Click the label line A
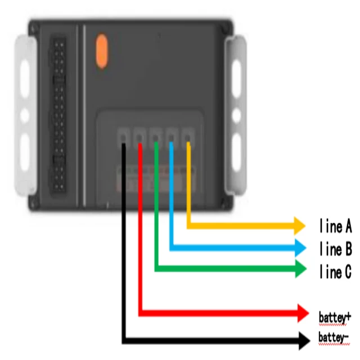[335, 227]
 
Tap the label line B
[335, 248]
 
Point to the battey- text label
[334, 337]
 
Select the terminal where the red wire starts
[139, 136]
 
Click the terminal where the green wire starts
[156, 136]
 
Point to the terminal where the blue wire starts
[172, 136]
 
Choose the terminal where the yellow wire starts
[188, 136]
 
